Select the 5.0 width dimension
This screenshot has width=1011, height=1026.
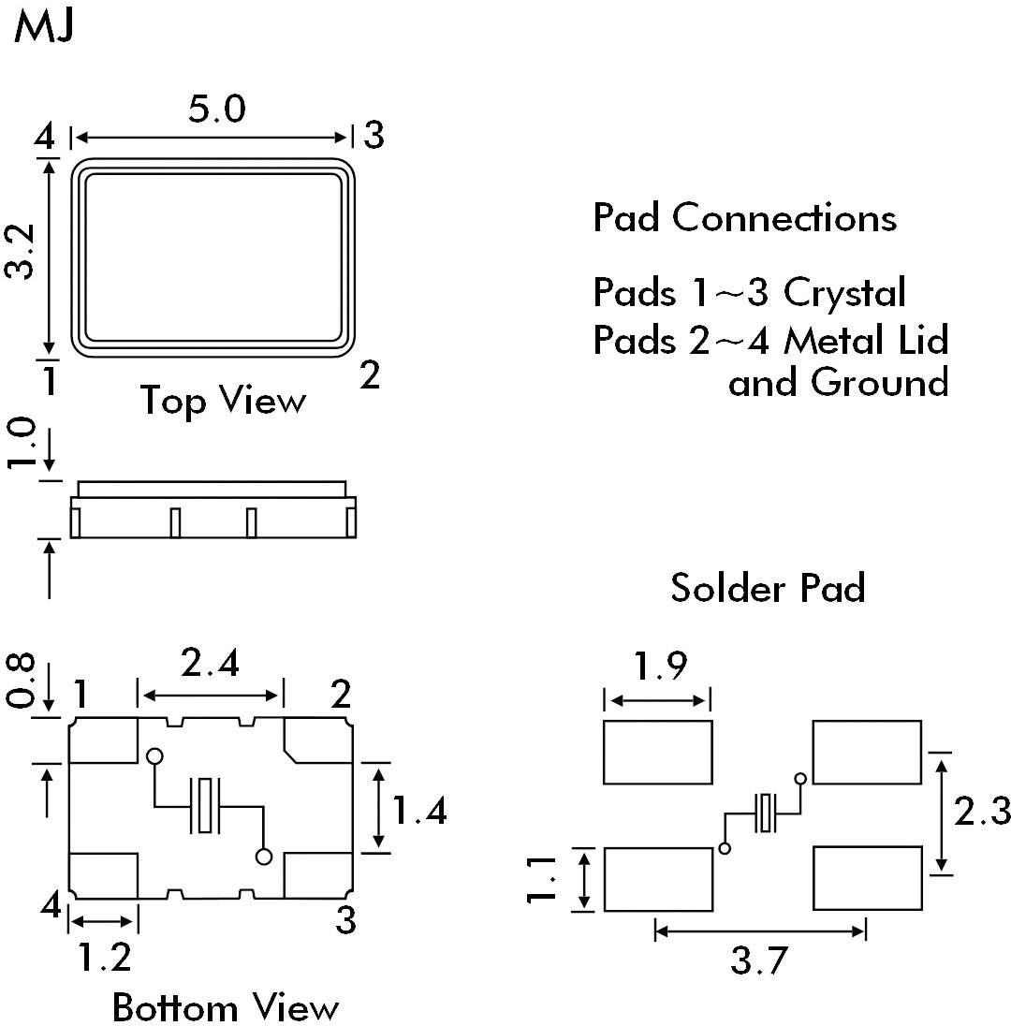tap(216, 110)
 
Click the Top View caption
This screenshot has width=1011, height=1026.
tap(223, 401)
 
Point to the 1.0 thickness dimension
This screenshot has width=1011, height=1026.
tap(24, 444)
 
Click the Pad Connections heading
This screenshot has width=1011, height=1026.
tap(745, 218)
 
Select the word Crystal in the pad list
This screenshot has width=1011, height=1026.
tap(844, 292)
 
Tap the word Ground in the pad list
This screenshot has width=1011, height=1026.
tap(878, 382)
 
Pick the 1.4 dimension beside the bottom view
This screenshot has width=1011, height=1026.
tap(418, 811)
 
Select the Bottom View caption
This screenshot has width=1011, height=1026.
tap(225, 1007)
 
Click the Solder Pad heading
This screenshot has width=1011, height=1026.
tap(768, 588)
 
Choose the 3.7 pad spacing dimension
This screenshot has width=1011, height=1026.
tap(758, 961)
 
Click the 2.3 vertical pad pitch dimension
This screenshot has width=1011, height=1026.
tap(982, 811)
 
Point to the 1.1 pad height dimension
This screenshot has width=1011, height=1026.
tap(543, 880)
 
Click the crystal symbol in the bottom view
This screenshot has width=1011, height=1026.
tap(206, 805)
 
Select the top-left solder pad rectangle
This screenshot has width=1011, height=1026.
tap(657, 752)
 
